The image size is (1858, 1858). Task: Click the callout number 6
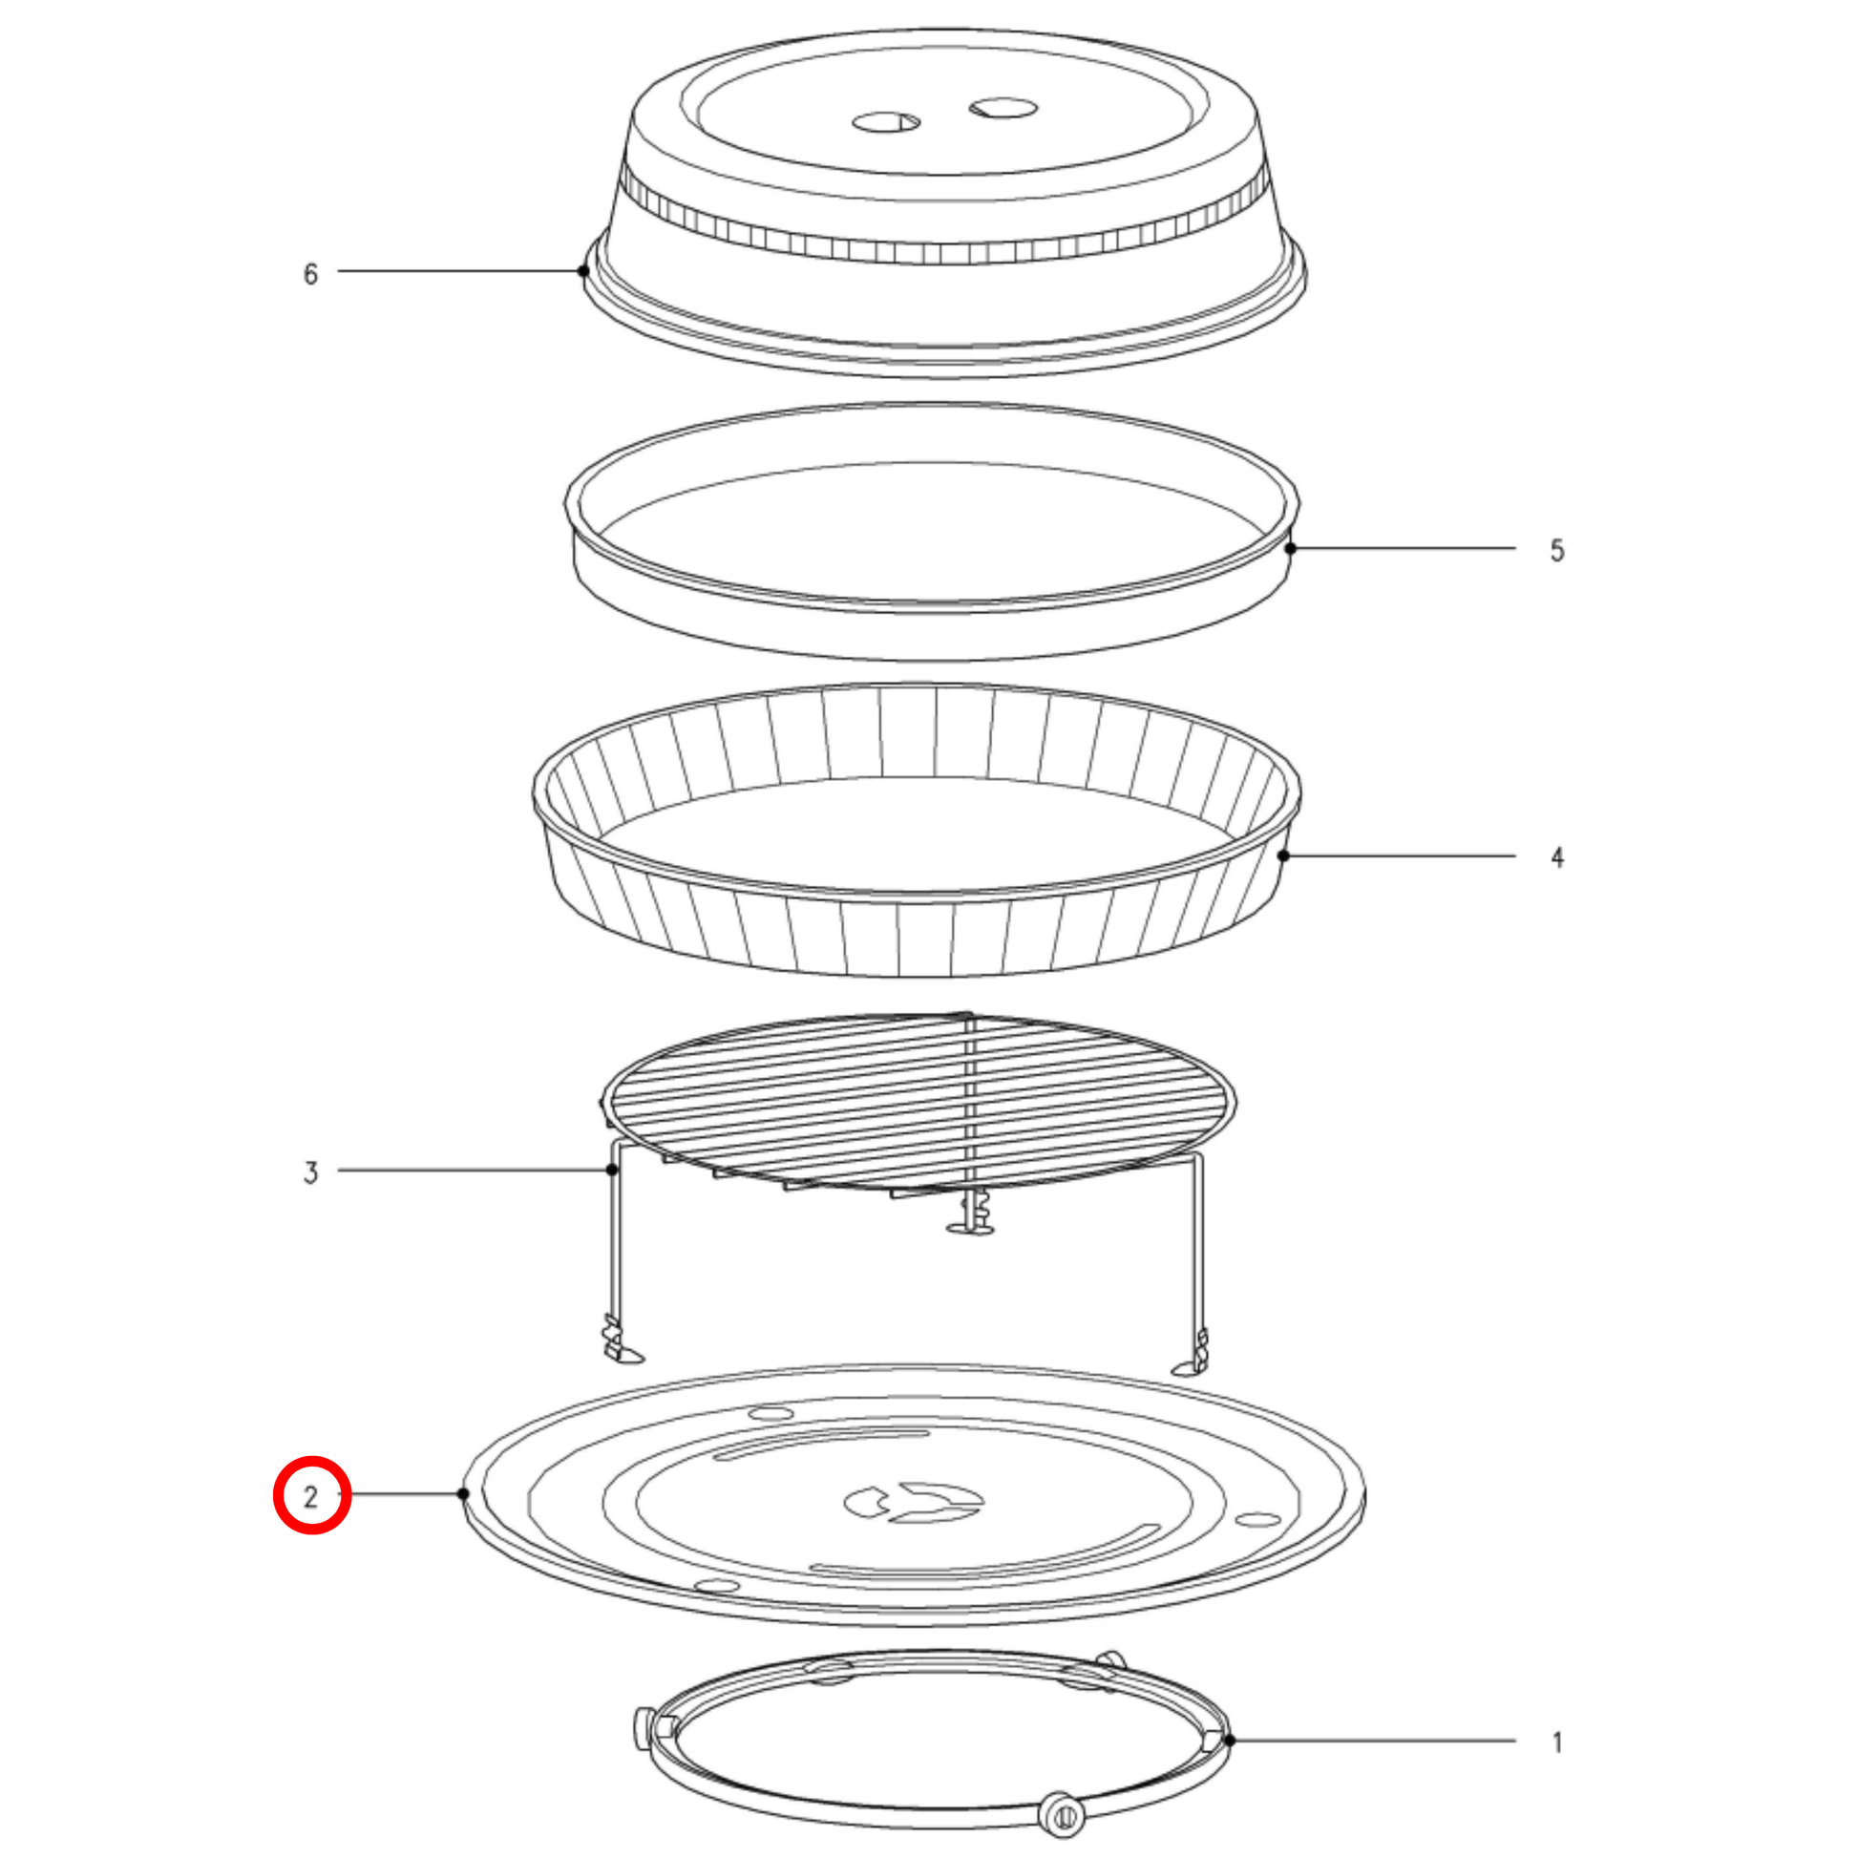point(310,274)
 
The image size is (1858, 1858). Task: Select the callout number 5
point(1557,550)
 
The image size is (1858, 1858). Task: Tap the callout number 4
point(1557,856)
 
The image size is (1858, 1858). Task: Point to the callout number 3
point(310,1172)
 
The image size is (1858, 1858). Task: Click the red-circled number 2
point(310,1497)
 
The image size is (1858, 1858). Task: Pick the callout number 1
point(1557,1742)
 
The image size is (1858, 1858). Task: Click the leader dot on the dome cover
point(582,271)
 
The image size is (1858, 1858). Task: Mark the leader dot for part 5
point(1291,548)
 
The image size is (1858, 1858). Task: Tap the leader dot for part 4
point(1283,855)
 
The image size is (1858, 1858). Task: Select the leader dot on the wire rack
point(612,1170)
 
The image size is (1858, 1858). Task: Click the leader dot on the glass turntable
point(463,1493)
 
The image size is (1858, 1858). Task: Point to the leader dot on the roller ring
point(1229,1740)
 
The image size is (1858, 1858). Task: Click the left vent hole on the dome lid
point(886,122)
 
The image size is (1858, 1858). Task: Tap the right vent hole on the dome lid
point(1003,107)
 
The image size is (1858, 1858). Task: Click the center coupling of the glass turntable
point(914,1502)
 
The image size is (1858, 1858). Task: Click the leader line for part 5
point(1404,548)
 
